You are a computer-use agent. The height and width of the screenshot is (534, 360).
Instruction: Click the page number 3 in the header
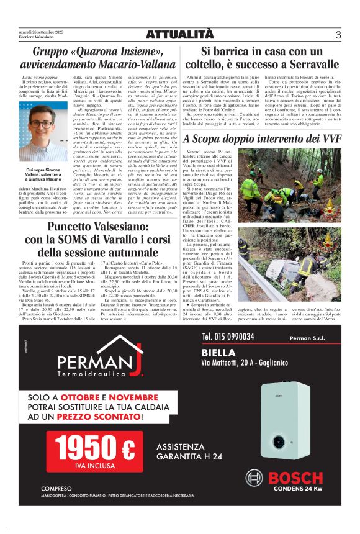coord(338,35)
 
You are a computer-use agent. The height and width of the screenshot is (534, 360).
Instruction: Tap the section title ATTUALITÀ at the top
coord(180,35)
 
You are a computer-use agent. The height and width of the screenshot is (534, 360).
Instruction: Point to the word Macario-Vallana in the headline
coord(125,63)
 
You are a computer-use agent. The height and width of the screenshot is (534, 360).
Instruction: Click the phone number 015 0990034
coord(228,336)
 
